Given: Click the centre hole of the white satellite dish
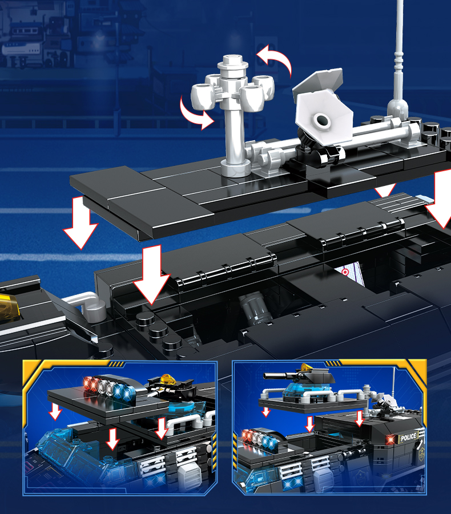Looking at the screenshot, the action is tap(321, 120).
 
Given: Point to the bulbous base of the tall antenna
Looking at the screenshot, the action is tap(397, 109).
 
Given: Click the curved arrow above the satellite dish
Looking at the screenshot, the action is tap(274, 59).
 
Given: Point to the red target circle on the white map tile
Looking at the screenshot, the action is tap(345, 272).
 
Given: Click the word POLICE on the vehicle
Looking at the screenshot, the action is tap(408, 438).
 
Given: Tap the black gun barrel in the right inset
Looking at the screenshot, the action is tap(276, 376).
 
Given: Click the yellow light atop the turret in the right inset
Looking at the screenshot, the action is tap(305, 367).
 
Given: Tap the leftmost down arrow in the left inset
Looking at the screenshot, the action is tap(55, 412).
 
